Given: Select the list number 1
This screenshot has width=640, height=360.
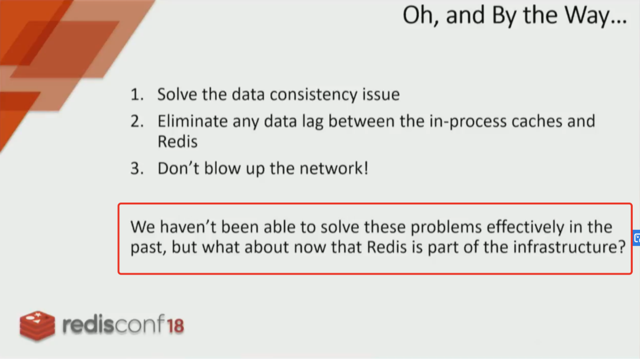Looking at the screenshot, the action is click(137, 95).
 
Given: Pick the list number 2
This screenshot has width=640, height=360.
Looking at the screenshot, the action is click(137, 121).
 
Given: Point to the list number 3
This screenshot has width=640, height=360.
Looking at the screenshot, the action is click(137, 168).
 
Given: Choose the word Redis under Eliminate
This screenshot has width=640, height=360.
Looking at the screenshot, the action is click(178, 142).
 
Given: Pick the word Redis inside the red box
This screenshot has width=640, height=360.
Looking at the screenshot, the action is click(387, 247).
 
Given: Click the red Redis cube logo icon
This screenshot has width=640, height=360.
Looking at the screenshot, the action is click(37, 326).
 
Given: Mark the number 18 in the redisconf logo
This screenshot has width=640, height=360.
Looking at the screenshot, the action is click(176, 326).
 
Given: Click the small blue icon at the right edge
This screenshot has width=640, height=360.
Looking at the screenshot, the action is click(637, 238).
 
